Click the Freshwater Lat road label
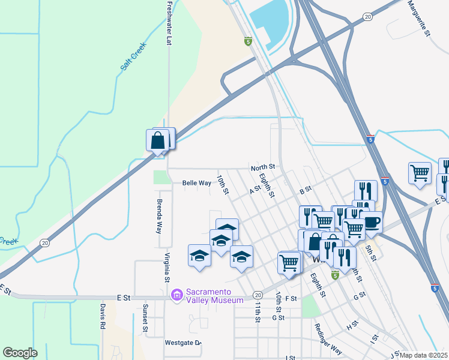(x=169, y=23)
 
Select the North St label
(x=262, y=167)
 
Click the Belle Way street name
(x=196, y=183)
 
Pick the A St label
(x=254, y=189)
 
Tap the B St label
(x=306, y=190)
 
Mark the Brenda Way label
(x=160, y=216)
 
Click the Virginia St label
(x=166, y=266)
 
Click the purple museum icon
(x=176, y=295)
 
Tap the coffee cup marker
(x=370, y=222)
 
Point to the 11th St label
(x=258, y=311)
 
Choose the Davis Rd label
(x=103, y=316)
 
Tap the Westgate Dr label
(x=182, y=343)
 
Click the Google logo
(x=20, y=353)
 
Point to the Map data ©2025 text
(x=424, y=355)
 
